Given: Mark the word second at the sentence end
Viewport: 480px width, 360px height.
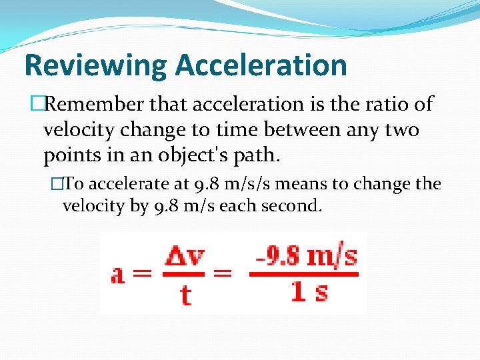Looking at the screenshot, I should tap(293, 206).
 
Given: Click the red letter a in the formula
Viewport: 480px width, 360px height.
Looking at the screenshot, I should tap(120, 274).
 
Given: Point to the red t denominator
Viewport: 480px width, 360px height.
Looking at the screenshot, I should tap(185, 293).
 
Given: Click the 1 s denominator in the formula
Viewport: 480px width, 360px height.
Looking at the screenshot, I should tap(309, 291).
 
